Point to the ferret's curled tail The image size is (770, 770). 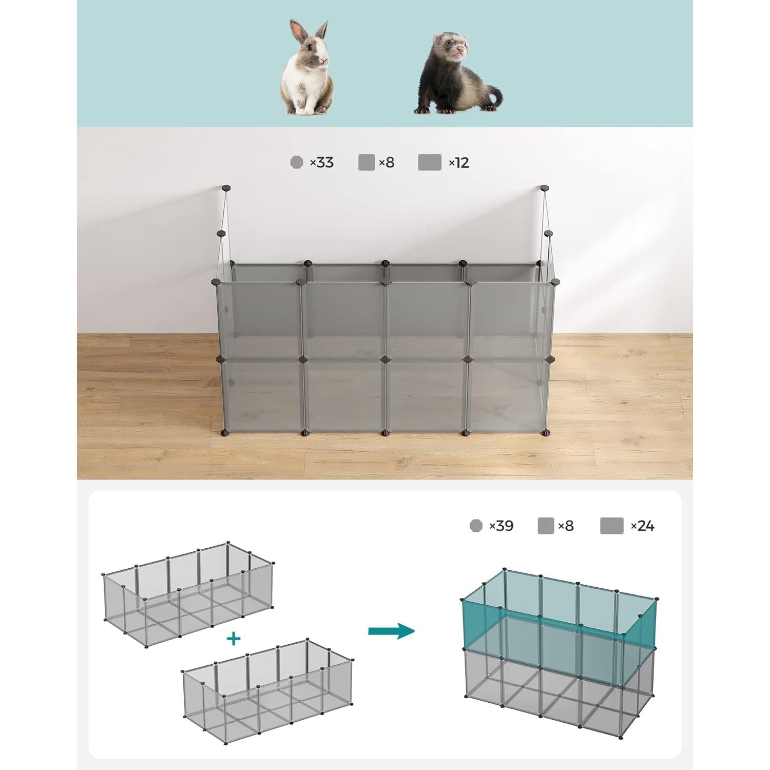(x=492, y=99)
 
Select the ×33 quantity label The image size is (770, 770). (x=322, y=163)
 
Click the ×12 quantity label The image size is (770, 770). (x=459, y=163)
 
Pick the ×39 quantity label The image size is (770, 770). (x=501, y=526)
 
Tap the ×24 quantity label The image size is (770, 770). (x=643, y=526)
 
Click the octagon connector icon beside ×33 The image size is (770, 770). (x=297, y=162)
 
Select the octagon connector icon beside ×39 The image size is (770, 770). (x=476, y=526)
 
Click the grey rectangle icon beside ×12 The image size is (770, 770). (x=430, y=162)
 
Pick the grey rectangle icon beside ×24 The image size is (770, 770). (x=612, y=526)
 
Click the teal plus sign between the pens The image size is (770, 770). (x=234, y=639)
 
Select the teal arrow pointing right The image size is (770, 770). (x=391, y=631)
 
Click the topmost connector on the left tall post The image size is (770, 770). (x=226, y=188)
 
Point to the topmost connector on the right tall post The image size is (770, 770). (x=544, y=188)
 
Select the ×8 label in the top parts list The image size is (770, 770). (x=387, y=163)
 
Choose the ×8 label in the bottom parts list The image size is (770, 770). (x=566, y=526)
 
